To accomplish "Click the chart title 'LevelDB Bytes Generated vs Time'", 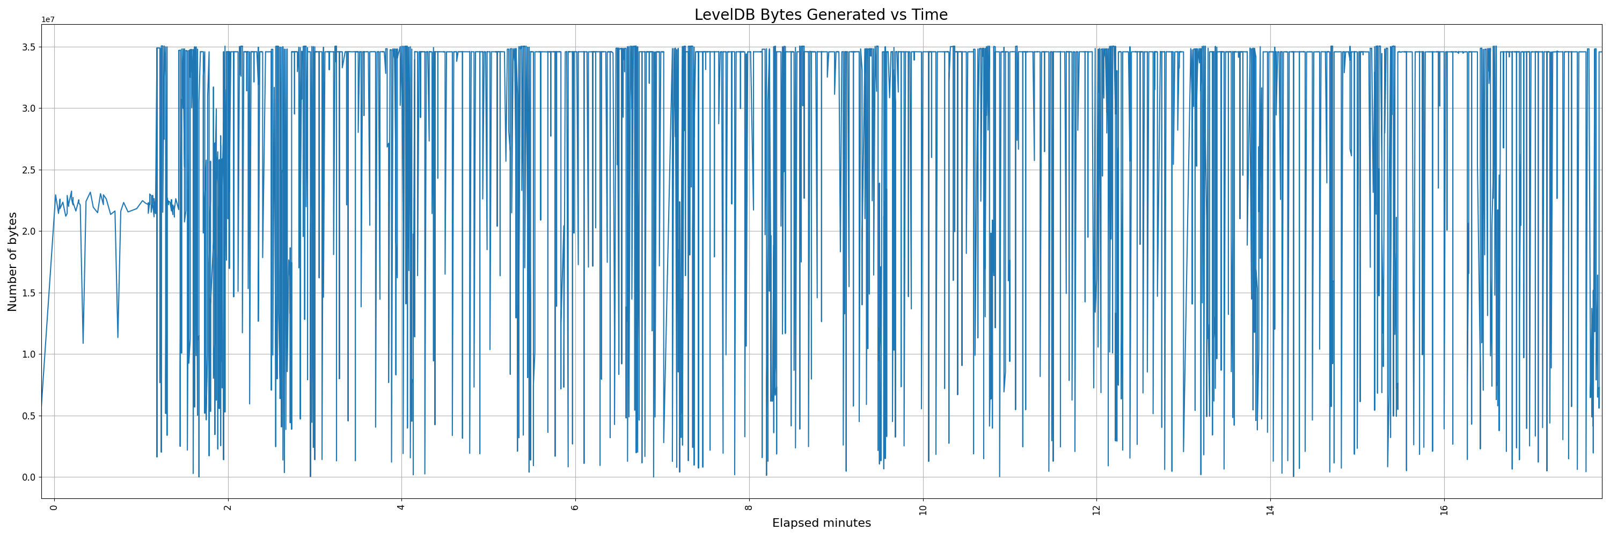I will pos(821,15).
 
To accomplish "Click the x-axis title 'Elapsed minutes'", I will pos(821,523).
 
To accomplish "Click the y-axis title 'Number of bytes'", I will pos(12,262).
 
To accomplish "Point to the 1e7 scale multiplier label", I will pos(48,19).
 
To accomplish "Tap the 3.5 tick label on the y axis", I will pos(28,47).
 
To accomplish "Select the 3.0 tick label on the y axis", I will pos(28,108).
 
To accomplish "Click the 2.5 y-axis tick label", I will pos(28,170).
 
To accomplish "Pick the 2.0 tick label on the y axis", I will pos(28,231).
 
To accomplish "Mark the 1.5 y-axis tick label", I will pos(28,293).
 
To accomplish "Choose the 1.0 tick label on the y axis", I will pos(28,354).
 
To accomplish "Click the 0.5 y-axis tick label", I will pos(28,416).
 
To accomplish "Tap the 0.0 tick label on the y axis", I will pos(28,477).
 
